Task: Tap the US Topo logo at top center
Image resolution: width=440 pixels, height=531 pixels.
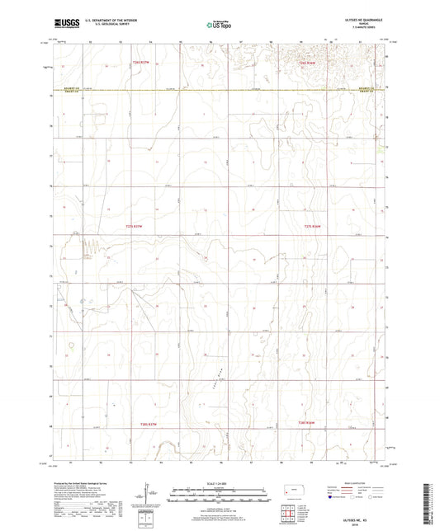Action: point(218,25)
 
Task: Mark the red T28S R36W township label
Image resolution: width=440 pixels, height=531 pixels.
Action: point(306,424)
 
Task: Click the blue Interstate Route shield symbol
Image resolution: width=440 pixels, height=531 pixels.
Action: point(333,498)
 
